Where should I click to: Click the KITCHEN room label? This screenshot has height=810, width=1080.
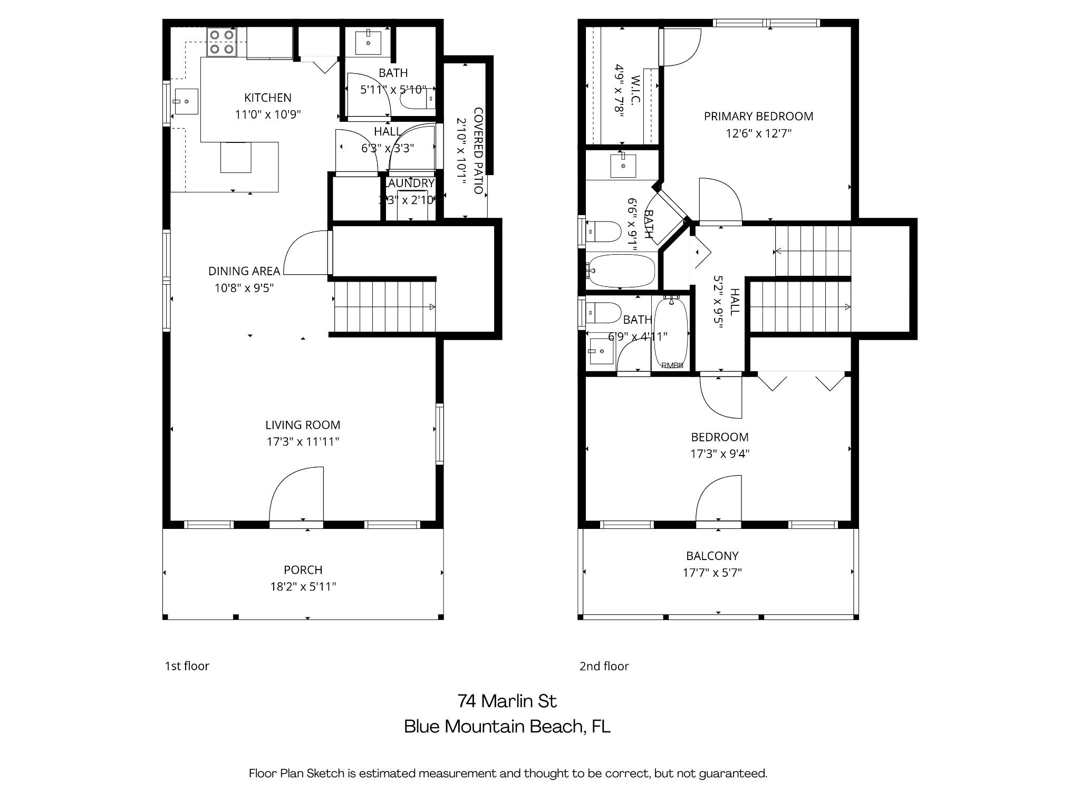pos(267,98)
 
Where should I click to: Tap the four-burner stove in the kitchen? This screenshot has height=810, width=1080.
pos(221,42)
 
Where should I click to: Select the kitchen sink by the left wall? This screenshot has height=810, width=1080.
pos(186,101)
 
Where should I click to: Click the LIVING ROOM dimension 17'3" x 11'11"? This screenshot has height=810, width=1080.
pos(303,442)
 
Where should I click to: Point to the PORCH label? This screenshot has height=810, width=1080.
pos(303,570)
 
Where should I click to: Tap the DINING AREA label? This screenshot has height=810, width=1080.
pos(244,271)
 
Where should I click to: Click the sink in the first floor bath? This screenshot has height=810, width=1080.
pos(368,43)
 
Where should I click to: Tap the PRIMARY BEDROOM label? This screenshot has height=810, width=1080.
pos(758,116)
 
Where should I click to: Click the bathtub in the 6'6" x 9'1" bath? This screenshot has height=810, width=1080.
pos(621,271)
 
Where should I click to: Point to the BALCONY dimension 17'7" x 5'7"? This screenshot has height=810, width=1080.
pos(712,573)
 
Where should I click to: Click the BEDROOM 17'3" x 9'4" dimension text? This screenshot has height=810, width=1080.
pos(720,454)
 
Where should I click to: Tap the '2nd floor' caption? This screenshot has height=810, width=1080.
pos(604,666)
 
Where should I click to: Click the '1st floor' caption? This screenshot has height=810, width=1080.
pos(187,666)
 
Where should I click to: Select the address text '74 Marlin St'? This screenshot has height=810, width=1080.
pos(507,701)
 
